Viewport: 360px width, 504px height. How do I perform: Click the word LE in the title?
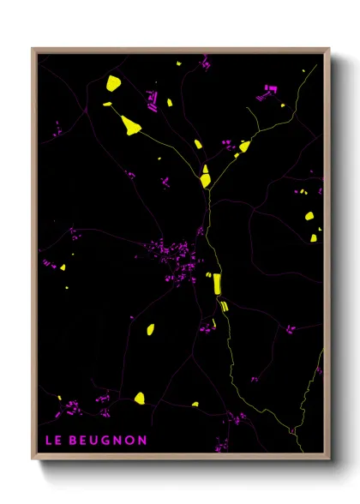click(53, 441)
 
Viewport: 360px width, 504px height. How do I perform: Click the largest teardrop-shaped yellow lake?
click(131, 125)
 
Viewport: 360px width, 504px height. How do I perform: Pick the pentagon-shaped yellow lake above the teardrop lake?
click(113, 83)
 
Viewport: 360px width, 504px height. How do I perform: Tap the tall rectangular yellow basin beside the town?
click(217, 284)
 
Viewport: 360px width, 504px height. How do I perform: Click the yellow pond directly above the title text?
click(139, 398)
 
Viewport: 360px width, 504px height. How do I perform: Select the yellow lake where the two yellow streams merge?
click(206, 180)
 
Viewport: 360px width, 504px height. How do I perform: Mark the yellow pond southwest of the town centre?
click(150, 328)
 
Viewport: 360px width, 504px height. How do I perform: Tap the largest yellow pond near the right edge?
click(310, 215)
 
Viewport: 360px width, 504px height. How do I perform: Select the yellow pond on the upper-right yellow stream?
click(244, 147)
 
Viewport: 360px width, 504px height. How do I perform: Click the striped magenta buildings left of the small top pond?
click(153, 106)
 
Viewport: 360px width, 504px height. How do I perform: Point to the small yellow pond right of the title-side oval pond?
click(195, 405)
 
